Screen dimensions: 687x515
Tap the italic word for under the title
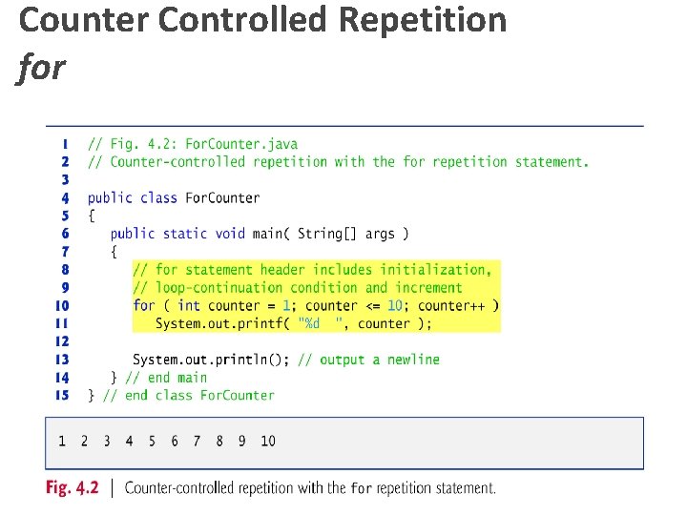(41, 69)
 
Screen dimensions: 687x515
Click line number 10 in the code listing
(61, 305)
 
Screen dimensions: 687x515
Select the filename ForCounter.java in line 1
(240, 144)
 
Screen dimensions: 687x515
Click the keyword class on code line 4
(157, 197)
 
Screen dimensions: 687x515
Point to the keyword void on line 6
(230, 234)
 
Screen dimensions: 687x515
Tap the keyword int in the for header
(189, 305)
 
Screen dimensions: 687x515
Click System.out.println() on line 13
(210, 360)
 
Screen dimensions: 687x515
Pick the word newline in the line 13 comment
(413, 360)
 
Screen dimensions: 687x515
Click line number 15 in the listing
(61, 395)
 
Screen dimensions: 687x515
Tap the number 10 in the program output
(268, 441)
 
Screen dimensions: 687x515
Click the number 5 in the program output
(152, 441)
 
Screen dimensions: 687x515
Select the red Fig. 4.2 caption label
(72, 488)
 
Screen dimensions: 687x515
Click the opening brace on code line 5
(92, 216)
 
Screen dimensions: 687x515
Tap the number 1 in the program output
(62, 441)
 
